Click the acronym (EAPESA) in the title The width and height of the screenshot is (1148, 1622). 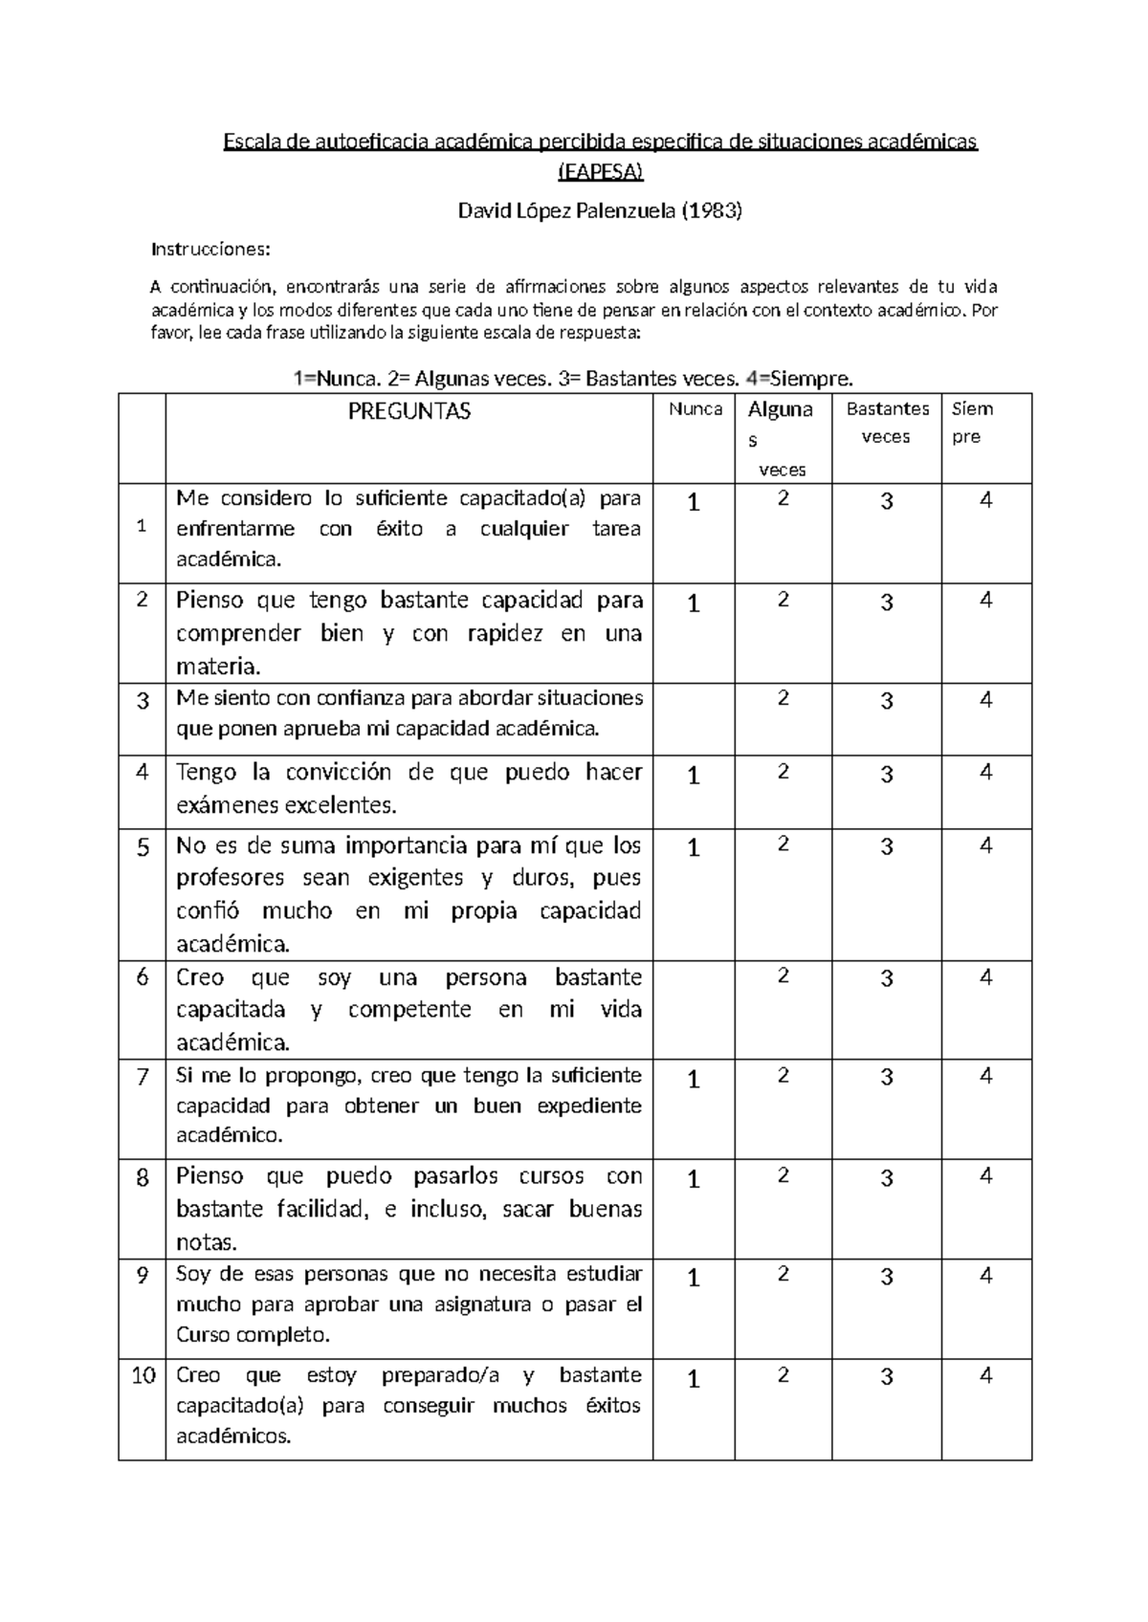click(600, 172)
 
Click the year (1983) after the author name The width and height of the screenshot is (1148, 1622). click(711, 211)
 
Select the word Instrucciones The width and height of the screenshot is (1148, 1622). click(211, 250)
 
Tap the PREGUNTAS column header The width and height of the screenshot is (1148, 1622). click(408, 412)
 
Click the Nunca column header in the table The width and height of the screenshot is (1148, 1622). click(695, 409)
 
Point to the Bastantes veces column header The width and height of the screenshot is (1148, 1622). click(887, 423)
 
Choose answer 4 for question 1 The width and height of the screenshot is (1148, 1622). click(986, 500)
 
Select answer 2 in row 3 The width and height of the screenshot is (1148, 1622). click(784, 698)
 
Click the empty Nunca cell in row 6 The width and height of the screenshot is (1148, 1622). click(694, 1009)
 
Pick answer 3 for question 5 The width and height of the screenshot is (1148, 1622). click(887, 847)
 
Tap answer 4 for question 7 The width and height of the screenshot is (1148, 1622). click(986, 1076)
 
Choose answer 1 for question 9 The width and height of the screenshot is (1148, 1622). click(694, 1279)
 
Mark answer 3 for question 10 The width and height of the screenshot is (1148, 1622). click(887, 1377)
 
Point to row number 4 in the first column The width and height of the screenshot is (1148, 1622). click(143, 773)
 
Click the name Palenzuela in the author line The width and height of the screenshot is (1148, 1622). click(625, 211)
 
